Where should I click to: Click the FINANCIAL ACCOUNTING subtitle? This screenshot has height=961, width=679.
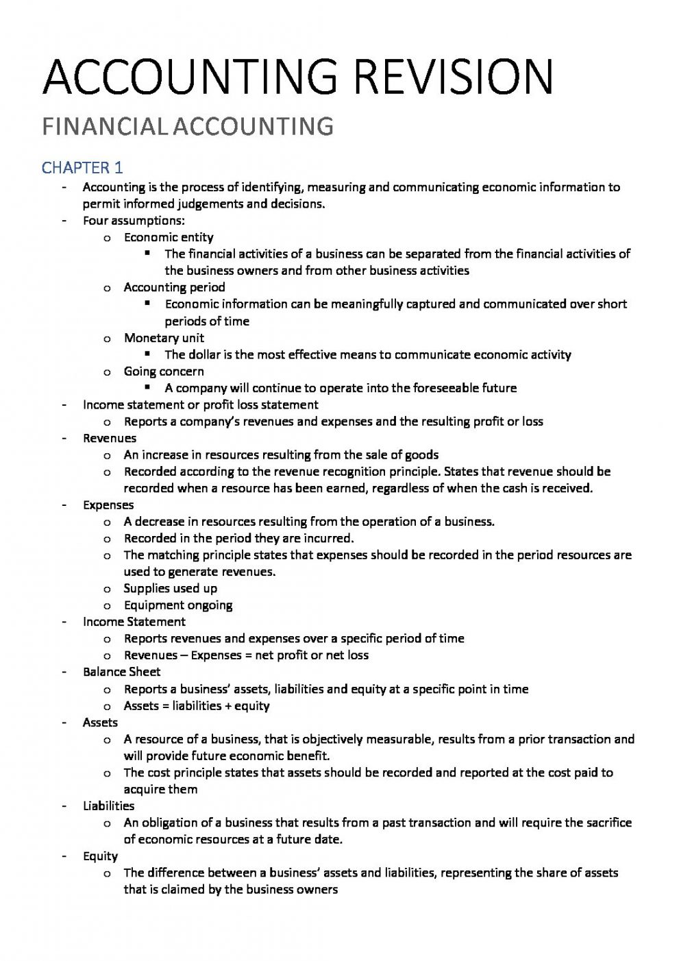coord(188,127)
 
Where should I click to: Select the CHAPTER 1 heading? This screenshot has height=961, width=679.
coord(82,168)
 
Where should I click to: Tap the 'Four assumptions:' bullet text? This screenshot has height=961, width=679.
coord(134,221)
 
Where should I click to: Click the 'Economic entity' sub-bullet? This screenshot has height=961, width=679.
coord(169,237)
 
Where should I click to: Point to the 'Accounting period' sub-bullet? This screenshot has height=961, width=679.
coord(174,287)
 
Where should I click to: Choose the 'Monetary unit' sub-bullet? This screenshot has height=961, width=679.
coord(164,338)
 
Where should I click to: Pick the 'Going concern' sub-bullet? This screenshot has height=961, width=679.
coord(164,372)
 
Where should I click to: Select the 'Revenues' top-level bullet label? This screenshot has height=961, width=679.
coord(110,438)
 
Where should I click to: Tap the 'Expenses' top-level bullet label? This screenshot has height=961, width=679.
coord(108,505)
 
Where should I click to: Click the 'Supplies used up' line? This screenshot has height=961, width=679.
coord(170,588)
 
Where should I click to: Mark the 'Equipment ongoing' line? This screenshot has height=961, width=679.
coord(178,605)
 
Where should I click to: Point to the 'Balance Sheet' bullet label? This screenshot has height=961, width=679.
coord(122,672)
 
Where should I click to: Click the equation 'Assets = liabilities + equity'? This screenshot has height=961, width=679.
coord(197,705)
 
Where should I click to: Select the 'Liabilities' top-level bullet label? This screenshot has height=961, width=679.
coord(108,806)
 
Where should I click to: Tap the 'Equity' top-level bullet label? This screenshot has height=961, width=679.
coord(100,856)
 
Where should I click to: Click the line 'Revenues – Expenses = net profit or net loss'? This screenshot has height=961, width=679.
coord(246,655)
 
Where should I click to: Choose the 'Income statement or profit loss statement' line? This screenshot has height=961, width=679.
coord(201,404)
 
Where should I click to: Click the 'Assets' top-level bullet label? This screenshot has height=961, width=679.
coord(100,722)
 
